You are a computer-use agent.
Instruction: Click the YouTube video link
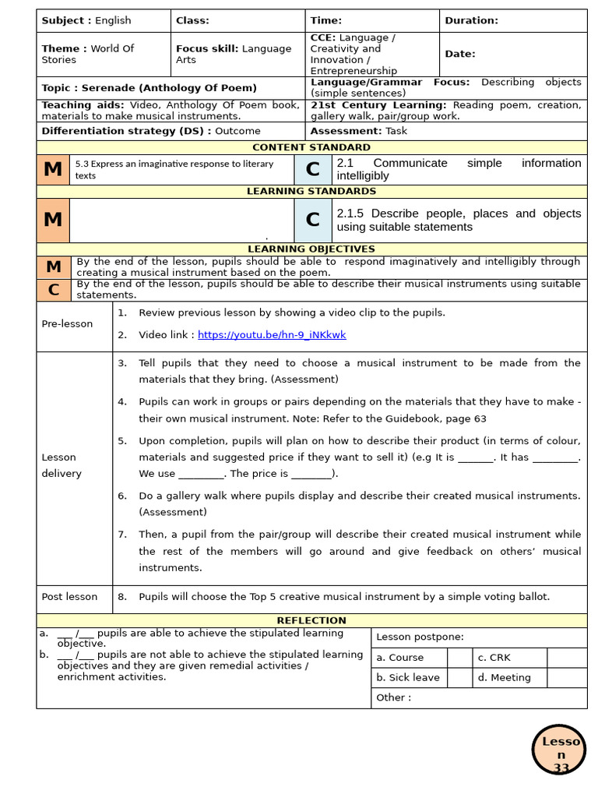[x=272, y=335]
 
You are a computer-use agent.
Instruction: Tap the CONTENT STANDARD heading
[x=311, y=147]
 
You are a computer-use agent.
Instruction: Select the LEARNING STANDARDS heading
[x=311, y=191]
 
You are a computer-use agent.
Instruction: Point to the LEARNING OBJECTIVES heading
[x=311, y=249]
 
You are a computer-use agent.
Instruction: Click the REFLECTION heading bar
[x=311, y=620]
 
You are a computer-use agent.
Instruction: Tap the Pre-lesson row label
[x=67, y=324]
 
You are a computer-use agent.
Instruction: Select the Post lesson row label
[x=69, y=597]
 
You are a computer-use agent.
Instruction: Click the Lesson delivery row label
[x=62, y=465]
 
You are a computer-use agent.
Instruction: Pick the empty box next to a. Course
[x=459, y=658]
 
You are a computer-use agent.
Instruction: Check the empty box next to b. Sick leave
[x=459, y=678]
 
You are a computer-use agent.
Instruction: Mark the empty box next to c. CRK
[x=567, y=658]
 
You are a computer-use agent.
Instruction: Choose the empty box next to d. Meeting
[x=567, y=678]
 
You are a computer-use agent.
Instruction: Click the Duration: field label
[x=471, y=21]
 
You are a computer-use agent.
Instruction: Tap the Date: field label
[x=459, y=54]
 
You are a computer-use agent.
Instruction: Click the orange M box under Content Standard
[x=53, y=169]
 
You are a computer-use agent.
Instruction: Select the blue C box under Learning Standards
[x=312, y=220]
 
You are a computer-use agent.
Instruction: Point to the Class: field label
[x=192, y=21]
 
